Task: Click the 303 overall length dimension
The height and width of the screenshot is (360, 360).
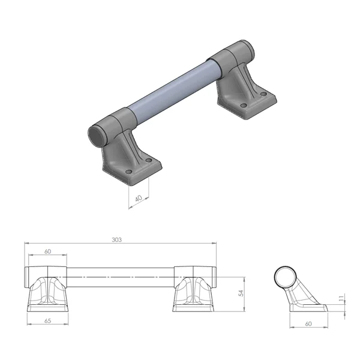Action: coord(117,239)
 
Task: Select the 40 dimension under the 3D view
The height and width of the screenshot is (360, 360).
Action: coord(139,198)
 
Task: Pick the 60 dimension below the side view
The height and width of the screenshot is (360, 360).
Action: coord(308,323)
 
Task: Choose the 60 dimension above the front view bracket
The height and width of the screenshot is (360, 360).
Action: coord(47,252)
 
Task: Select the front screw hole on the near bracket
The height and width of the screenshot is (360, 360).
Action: coord(128,172)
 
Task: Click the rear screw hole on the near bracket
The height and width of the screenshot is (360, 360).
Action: coord(149,160)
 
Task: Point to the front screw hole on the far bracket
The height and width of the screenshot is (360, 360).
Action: coord(244,106)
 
